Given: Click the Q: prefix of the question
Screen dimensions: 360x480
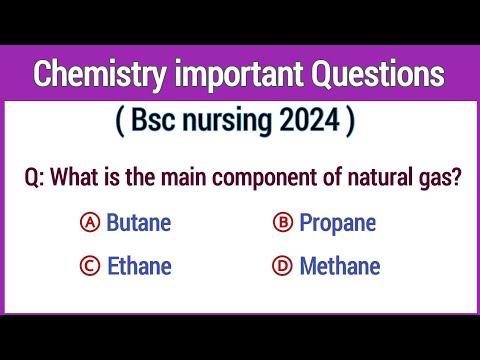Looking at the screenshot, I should coord(36,178).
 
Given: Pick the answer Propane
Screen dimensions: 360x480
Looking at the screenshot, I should coord(337,223).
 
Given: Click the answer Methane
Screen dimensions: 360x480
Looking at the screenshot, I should coord(340,267).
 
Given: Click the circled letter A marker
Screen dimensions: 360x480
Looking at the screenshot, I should coord(88,223).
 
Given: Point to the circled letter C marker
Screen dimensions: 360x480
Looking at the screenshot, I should coord(88,267).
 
